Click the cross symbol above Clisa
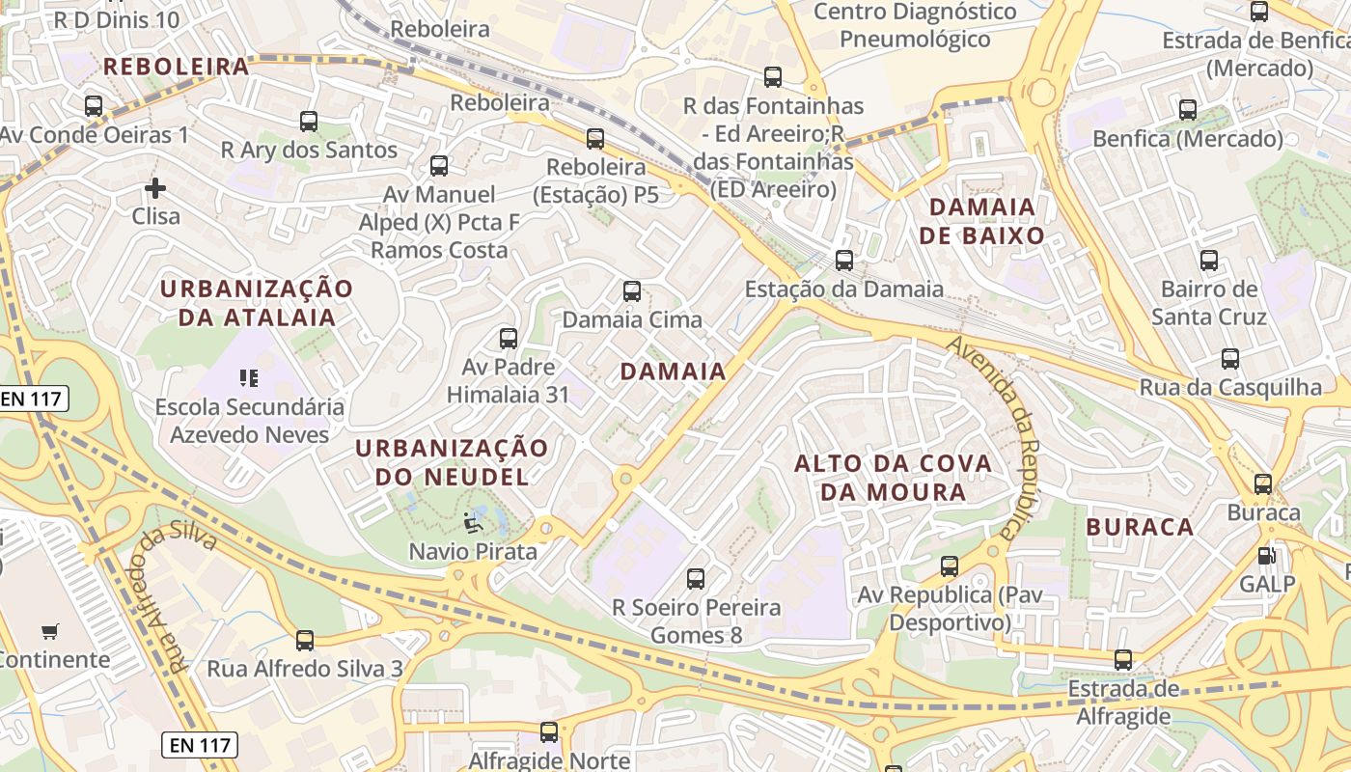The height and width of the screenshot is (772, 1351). pos(155,187)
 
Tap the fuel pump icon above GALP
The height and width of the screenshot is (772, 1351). pos(1265,556)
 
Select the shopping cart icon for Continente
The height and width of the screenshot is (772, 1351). pos(50,632)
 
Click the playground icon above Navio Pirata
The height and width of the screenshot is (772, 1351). pos(473,522)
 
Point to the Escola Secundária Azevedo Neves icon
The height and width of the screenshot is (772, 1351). pos(249,378)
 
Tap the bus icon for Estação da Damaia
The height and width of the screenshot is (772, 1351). pos(844,260)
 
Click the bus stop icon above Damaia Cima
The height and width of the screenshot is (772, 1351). pos(632,290)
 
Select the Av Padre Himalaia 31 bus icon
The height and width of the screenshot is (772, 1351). pos(509,339)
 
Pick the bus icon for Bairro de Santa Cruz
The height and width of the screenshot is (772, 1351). pos(1209,260)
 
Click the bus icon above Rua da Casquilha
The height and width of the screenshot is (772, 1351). pos(1230,359)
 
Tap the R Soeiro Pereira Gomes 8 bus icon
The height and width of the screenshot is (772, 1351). pos(696,579)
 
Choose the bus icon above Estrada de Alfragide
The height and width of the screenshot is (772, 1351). pos(1123,660)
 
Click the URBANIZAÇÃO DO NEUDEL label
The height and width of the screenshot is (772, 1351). pos(453,462)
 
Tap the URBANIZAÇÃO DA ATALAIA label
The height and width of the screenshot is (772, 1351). pos(257,303)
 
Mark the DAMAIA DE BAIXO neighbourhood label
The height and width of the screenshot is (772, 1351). pos(981,221)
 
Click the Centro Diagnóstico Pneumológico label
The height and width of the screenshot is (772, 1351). pos(915,25)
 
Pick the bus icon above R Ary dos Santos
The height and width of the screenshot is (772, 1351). pos(309,122)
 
